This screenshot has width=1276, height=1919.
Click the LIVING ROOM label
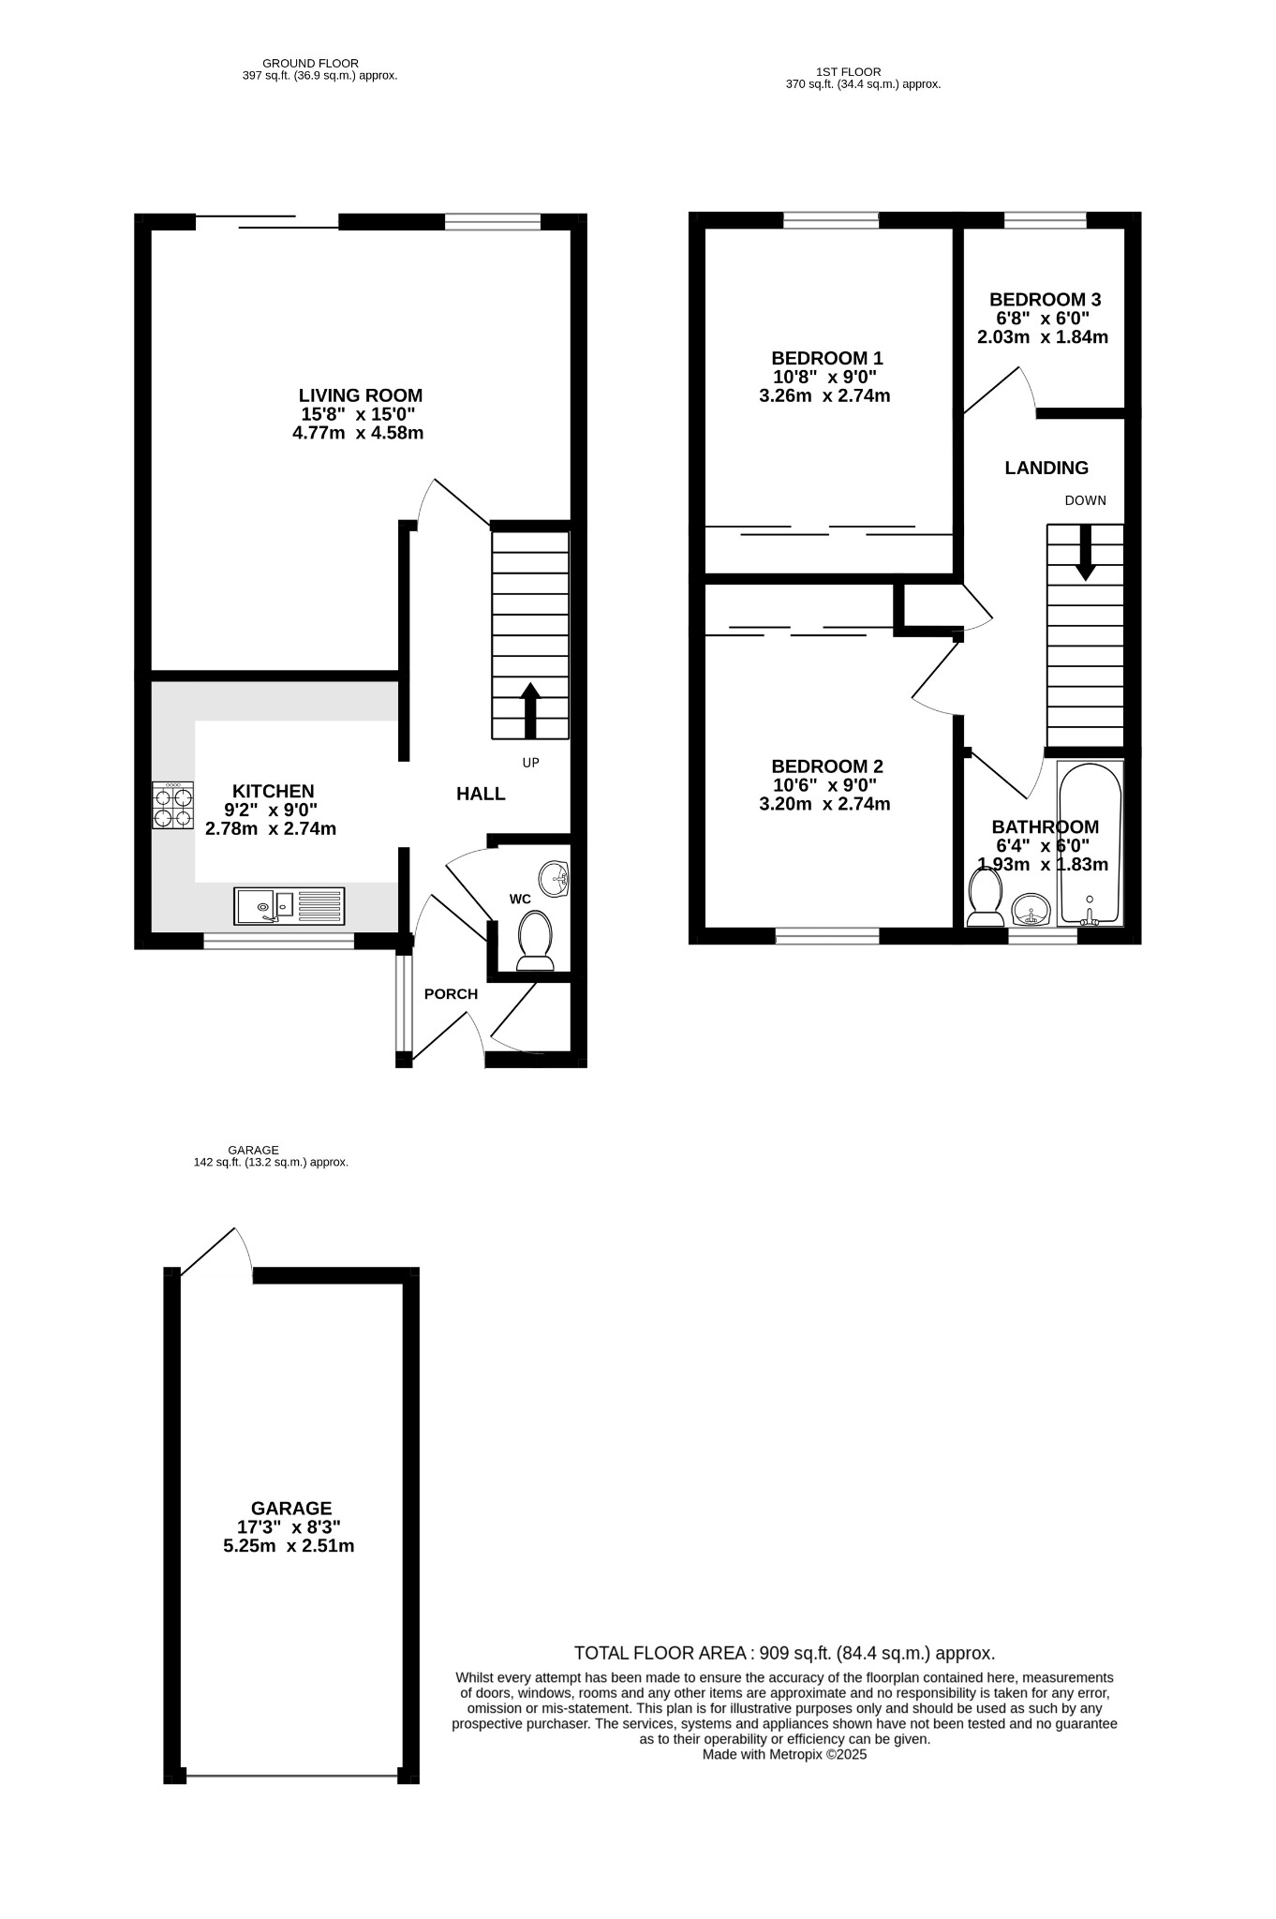click(361, 395)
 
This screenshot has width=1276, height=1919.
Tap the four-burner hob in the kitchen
click(173, 806)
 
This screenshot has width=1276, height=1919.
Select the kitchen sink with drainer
click(289, 906)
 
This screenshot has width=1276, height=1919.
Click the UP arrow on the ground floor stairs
click(530, 710)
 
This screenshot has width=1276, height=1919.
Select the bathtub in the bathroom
click(1090, 842)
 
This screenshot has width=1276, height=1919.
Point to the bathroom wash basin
click(1031, 909)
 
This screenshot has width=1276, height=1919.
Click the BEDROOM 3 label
click(1045, 300)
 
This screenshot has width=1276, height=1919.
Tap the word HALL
click(481, 794)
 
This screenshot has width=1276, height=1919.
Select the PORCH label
click(451, 994)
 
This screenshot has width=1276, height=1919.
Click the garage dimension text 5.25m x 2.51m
click(289, 1546)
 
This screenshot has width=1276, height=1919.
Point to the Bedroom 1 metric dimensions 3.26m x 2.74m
click(824, 395)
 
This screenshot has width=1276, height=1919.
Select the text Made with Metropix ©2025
click(785, 1755)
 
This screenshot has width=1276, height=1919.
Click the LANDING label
click(1046, 468)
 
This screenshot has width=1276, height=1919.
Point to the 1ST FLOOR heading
click(848, 71)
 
